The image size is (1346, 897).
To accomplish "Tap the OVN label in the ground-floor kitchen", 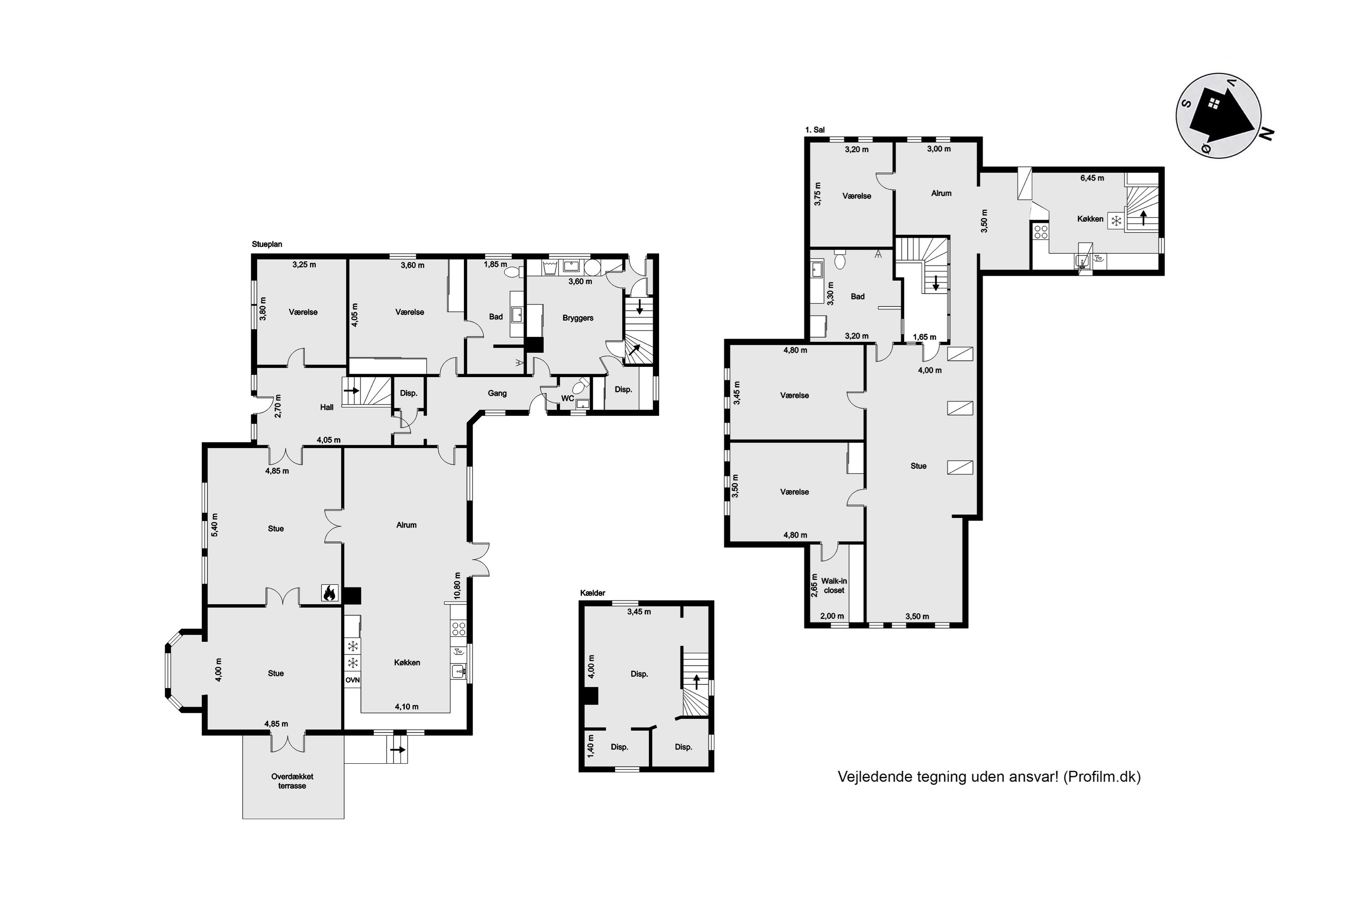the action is pyautogui.click(x=353, y=680).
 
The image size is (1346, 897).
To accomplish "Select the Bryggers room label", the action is pyautogui.click(x=577, y=318).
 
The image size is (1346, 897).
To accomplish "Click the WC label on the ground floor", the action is pyautogui.click(x=567, y=398).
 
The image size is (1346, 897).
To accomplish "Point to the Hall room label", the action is pyautogui.click(x=327, y=407).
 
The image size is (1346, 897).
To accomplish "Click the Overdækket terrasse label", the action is pyautogui.click(x=292, y=781).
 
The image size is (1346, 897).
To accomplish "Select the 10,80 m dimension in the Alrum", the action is pyautogui.click(x=457, y=585).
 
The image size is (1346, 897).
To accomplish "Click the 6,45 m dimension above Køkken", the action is pyautogui.click(x=1092, y=178).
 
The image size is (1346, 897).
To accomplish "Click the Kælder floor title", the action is pyautogui.click(x=592, y=593).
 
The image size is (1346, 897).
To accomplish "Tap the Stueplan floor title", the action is pyautogui.click(x=267, y=244).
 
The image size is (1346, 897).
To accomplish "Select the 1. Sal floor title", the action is pyautogui.click(x=815, y=130).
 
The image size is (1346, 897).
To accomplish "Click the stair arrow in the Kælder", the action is pyautogui.click(x=696, y=681).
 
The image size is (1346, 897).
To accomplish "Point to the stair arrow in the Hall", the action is pyautogui.click(x=351, y=391).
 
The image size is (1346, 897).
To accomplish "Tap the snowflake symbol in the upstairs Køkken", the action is pyautogui.click(x=1115, y=220).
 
